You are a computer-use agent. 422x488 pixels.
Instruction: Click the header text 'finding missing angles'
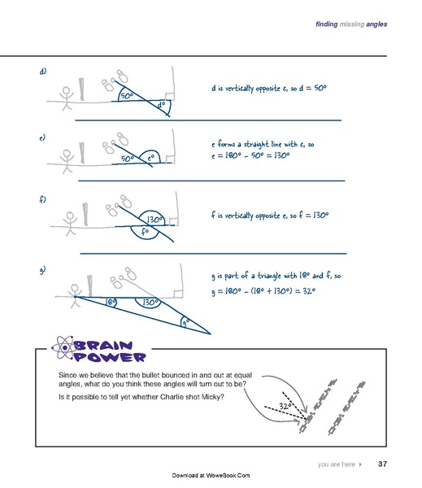click(350, 24)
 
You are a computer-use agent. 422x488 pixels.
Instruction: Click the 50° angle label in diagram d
click(127, 97)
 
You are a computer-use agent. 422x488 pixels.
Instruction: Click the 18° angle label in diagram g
click(111, 302)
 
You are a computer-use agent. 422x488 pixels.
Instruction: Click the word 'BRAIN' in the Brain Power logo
click(110, 345)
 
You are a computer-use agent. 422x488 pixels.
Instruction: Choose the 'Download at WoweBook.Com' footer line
click(211, 475)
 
